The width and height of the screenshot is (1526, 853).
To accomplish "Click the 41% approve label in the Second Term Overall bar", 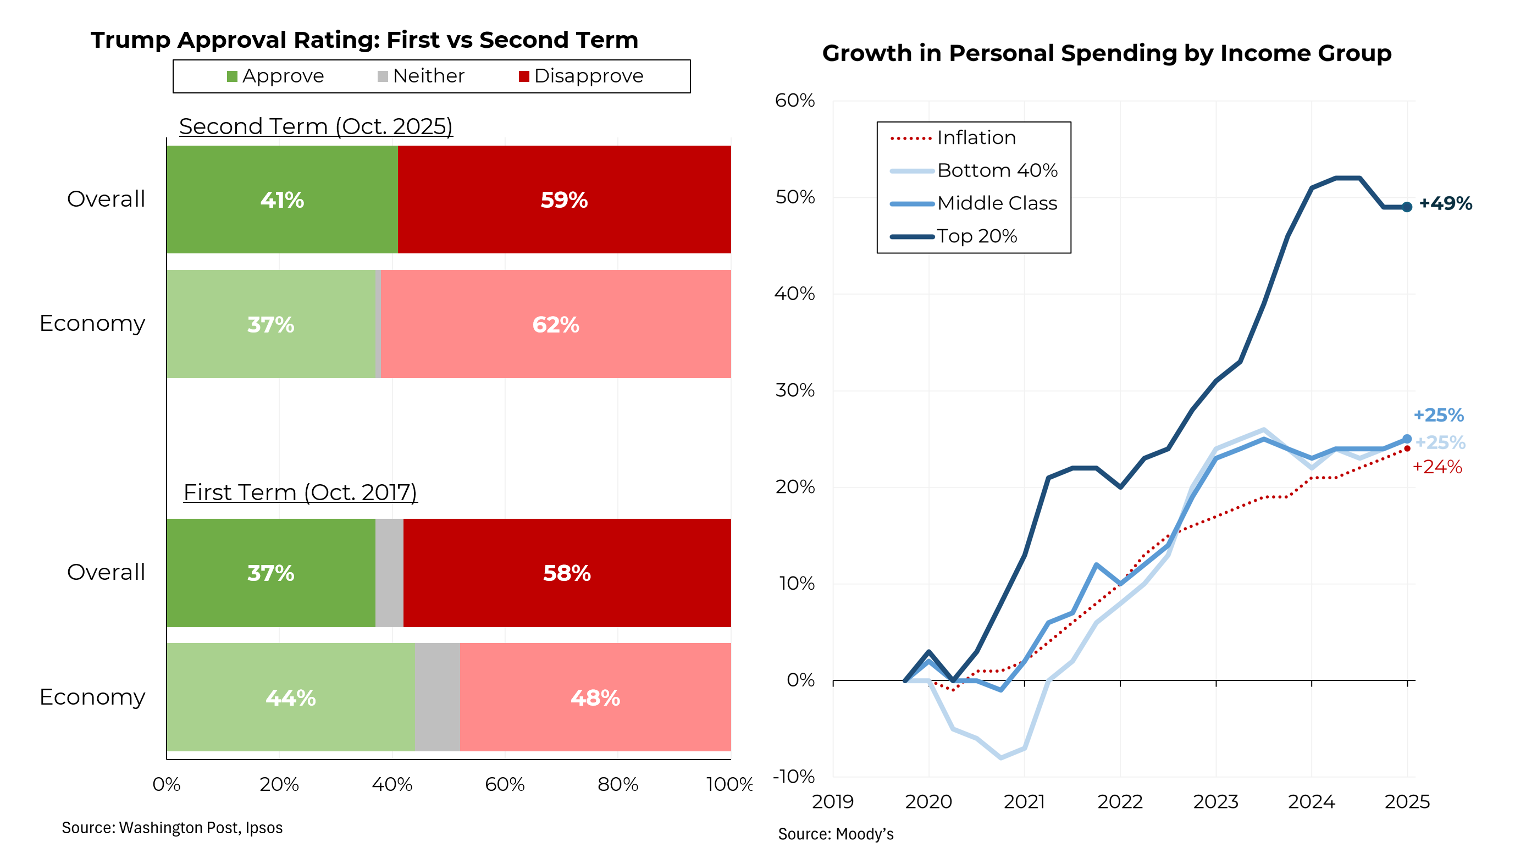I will coord(282,200).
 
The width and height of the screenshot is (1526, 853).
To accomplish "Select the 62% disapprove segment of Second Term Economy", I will coord(556,324).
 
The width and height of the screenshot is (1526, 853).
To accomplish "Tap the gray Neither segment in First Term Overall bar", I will coord(389,573).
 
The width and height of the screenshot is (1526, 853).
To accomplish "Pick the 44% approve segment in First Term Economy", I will coord(290,697).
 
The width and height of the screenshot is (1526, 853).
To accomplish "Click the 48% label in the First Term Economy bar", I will coord(595,698).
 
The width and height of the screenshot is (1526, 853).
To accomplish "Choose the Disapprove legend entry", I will coord(581,76).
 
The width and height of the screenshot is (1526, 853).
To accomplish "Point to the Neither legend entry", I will coord(421,76).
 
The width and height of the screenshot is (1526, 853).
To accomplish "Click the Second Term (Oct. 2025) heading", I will coord(316,126).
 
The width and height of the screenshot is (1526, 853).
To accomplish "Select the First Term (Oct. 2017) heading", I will coord(300,492).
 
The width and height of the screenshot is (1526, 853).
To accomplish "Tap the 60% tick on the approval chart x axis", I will coord(505,784).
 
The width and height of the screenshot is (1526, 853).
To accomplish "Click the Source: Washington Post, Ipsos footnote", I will coord(172,828).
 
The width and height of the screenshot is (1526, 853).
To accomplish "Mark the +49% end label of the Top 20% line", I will coord(1445,203).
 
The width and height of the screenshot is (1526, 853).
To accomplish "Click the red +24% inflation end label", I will coord(1437,467).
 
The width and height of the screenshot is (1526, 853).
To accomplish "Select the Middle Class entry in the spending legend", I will coord(975,203).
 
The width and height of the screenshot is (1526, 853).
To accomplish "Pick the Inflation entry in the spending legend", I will coord(954,138).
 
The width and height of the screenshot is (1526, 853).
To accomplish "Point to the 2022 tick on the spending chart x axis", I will coord(1120,801).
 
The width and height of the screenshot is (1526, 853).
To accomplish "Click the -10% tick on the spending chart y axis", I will coord(794,776).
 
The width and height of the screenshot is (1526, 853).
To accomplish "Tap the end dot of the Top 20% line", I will coord(1407,207).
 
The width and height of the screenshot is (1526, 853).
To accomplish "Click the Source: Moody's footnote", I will coord(835,834).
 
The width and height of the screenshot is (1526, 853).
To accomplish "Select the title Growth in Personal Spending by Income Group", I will coord(1106,53).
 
